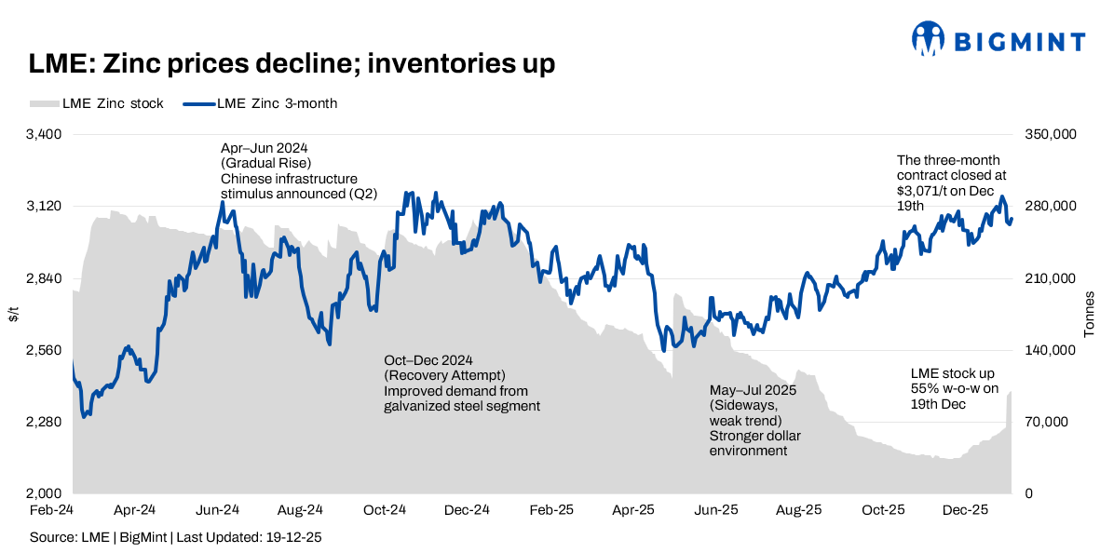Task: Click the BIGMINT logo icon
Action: tap(930, 41)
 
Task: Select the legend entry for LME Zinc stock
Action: tap(97, 103)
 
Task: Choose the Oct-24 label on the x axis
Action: tap(384, 510)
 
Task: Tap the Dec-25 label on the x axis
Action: tap(965, 510)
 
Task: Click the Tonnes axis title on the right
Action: tap(1089, 314)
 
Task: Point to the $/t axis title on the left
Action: tap(13, 314)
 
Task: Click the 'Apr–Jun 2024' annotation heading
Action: tap(264, 148)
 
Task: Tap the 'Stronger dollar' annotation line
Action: tap(754, 436)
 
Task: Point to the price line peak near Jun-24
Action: tap(222, 202)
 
